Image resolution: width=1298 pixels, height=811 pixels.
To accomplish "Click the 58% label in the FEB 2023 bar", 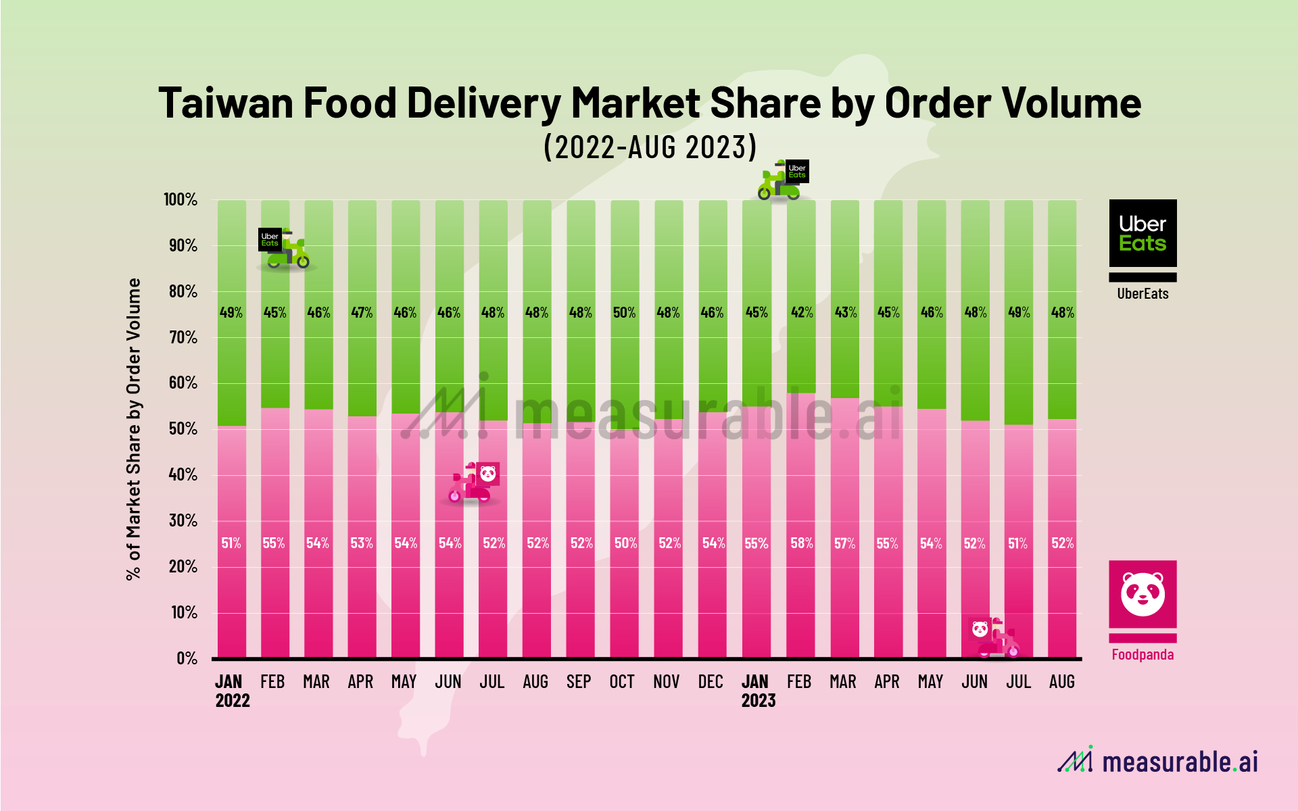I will pyautogui.click(x=801, y=543).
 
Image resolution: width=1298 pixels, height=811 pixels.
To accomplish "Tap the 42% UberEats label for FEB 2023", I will pyautogui.click(x=802, y=312).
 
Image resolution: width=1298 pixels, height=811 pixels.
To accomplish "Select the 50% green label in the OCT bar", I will pyautogui.click(x=624, y=312).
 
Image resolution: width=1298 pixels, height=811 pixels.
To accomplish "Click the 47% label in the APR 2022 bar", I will pyautogui.click(x=362, y=312).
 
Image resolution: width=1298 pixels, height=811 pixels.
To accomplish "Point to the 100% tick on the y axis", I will pyautogui.click(x=180, y=199).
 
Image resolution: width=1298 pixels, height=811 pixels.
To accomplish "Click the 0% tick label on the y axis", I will pyautogui.click(x=187, y=658).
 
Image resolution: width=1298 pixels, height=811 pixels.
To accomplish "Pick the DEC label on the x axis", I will pyautogui.click(x=711, y=682).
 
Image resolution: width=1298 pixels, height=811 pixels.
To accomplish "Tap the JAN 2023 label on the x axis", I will pyautogui.click(x=758, y=691).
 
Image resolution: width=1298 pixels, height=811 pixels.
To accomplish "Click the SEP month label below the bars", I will pyautogui.click(x=579, y=682).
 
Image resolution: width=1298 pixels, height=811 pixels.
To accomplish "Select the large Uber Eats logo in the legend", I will pyautogui.click(x=1143, y=233).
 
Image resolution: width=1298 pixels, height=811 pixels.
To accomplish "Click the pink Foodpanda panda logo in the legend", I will pyautogui.click(x=1143, y=594).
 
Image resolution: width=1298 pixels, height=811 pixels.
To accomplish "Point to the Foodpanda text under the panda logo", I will pyautogui.click(x=1143, y=654).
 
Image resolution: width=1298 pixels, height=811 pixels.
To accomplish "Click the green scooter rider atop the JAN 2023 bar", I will pyautogui.click(x=782, y=180).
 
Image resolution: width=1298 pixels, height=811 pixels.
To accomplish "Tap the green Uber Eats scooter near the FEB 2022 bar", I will pyautogui.click(x=285, y=249).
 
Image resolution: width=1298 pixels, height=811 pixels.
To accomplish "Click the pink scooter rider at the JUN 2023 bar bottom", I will pyautogui.click(x=994, y=637).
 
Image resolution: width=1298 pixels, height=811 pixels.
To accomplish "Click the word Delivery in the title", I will pyautogui.click(x=483, y=103).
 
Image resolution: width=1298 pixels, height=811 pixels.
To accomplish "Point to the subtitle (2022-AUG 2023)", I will pyautogui.click(x=650, y=147).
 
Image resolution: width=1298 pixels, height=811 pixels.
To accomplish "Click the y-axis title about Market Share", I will pyautogui.click(x=134, y=429).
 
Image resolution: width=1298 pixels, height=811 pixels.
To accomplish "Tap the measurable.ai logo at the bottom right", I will pyautogui.click(x=1157, y=762).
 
